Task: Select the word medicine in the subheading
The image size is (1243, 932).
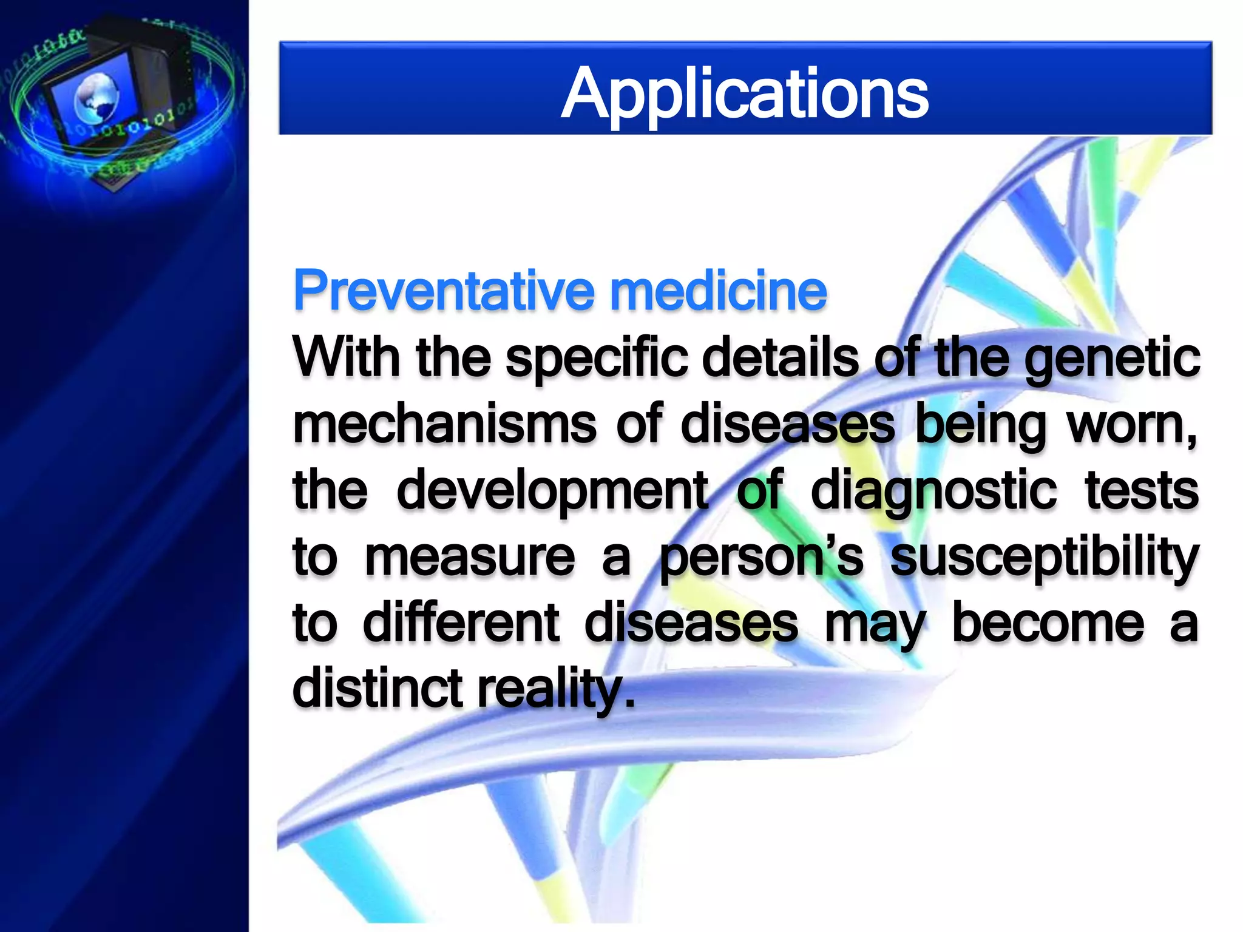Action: (x=718, y=292)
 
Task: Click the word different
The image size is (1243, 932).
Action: (x=461, y=623)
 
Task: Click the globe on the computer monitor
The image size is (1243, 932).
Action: (x=96, y=97)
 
